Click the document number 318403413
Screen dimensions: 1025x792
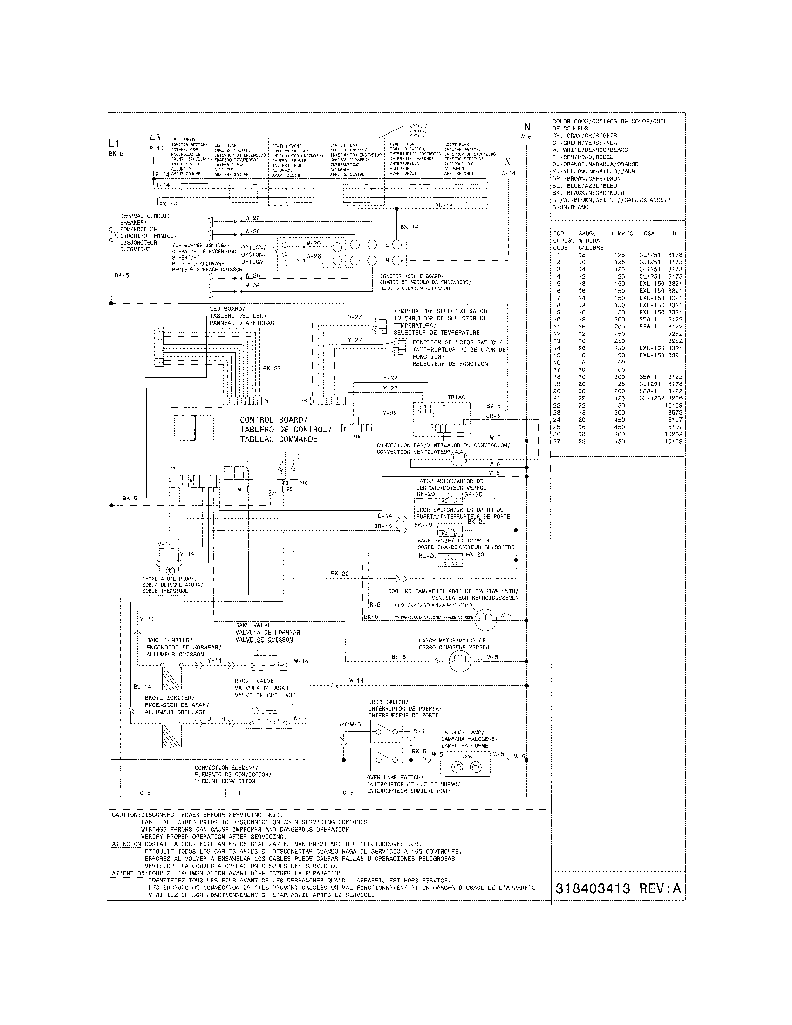pyautogui.click(x=592, y=888)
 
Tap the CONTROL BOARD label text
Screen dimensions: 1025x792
pyautogui.click(x=273, y=420)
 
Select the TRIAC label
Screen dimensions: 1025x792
pyautogui.click(x=456, y=397)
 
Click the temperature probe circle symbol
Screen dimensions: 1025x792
pyautogui.click(x=171, y=570)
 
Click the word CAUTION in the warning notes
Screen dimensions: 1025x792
pyautogui.click(x=125, y=815)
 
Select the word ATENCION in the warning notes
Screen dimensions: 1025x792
pyautogui.click(x=127, y=844)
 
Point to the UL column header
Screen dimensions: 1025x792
pyautogui.click(x=676, y=233)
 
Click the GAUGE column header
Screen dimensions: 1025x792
pyautogui.click(x=587, y=233)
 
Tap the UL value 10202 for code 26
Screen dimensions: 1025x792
pyautogui.click(x=673, y=434)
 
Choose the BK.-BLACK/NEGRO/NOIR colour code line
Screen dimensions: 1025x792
pyautogui.click(x=588, y=193)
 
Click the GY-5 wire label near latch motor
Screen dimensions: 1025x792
pyautogui.click(x=398, y=657)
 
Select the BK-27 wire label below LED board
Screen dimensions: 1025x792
pyautogui.click(x=272, y=369)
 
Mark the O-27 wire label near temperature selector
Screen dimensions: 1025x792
pyautogui.click(x=355, y=317)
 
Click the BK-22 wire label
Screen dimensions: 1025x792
pyautogui.click(x=340, y=574)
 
